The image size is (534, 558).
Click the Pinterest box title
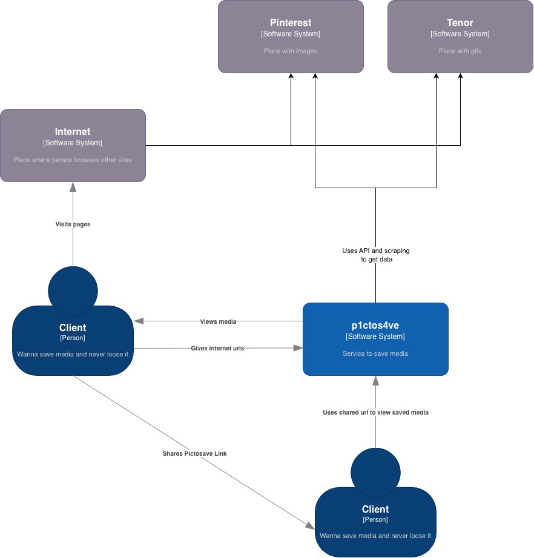tap(291, 23)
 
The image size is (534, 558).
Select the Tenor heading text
tap(460, 23)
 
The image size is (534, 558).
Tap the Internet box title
tap(73, 131)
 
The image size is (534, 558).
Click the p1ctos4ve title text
tap(375, 325)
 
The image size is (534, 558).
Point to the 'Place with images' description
tap(291, 51)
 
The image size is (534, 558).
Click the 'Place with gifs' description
tap(460, 51)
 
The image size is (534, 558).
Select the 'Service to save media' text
tap(375, 353)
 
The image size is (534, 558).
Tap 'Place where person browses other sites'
tap(73, 160)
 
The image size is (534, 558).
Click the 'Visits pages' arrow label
tap(73, 224)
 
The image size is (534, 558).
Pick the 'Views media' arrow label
tap(218, 321)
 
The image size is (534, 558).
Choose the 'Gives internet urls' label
tap(217, 348)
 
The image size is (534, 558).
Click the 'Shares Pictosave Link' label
tap(194, 453)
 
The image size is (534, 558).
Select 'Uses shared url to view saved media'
tap(375, 412)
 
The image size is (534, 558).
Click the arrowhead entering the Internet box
tap(73, 186)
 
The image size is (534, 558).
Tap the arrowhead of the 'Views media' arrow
tap(139, 321)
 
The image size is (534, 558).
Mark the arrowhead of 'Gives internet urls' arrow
tap(297, 348)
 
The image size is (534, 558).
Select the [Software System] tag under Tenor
tap(460, 34)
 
